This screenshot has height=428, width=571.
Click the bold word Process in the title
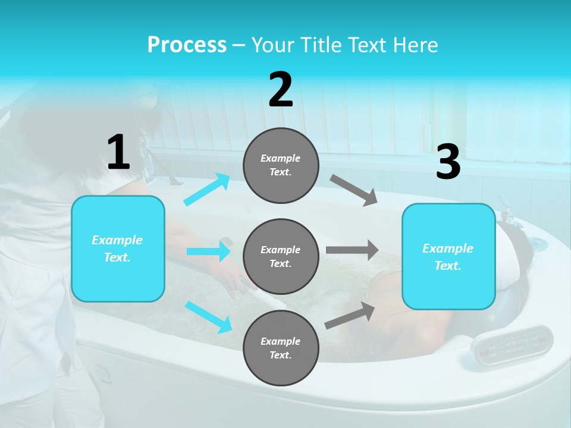point(187,45)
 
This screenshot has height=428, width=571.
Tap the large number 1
point(118,152)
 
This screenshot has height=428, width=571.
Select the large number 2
point(281,90)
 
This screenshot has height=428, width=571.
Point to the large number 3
point(448,163)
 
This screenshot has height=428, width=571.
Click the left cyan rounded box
point(118,248)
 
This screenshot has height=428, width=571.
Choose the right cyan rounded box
point(448,256)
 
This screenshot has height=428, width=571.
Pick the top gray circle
point(281,165)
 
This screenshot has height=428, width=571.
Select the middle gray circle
point(281,256)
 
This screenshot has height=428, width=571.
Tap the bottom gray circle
point(281,348)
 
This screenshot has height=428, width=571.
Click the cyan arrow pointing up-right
point(206,190)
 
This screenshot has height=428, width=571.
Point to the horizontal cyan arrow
point(208,251)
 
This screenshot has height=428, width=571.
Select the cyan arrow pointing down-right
point(208,316)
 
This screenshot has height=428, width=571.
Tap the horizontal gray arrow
point(352,250)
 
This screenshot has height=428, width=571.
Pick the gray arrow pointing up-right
point(350,315)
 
